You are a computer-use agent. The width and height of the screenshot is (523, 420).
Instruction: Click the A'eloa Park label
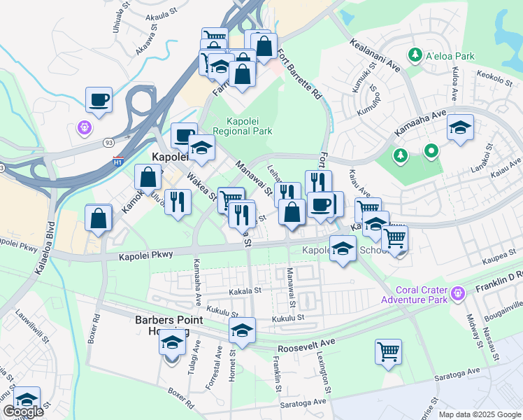[450, 55]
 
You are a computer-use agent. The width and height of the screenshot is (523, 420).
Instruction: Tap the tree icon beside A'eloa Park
[415, 55]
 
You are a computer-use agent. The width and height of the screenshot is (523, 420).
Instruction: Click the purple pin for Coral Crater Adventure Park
[459, 292]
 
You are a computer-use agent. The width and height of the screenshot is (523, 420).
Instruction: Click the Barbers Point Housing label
[169, 325]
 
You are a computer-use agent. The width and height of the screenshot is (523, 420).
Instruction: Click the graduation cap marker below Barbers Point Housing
[170, 344]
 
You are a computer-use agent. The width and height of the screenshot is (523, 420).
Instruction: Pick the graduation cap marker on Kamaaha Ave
[459, 127]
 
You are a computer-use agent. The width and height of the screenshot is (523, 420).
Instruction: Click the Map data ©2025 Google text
[480, 414]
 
